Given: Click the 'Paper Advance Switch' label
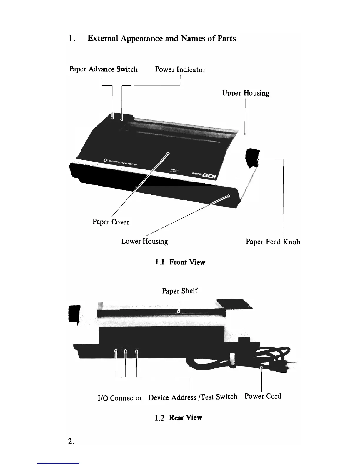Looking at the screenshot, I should (103, 69).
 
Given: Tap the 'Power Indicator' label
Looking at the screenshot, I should (180, 70).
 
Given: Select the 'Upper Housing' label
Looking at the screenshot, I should (246, 93).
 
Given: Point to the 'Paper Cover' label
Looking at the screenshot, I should (111, 222).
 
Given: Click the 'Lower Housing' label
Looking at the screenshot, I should (144, 242).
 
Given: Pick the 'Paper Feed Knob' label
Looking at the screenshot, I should (273, 242).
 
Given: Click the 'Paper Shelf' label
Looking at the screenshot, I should (180, 291).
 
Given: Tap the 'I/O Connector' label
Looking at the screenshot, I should (120, 398).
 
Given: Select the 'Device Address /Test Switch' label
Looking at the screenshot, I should (193, 397).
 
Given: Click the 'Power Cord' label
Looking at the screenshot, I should (263, 396).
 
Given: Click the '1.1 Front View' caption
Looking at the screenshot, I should (180, 262).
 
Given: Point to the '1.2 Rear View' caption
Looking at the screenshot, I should (179, 417).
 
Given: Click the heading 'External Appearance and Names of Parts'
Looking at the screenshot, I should (161, 39).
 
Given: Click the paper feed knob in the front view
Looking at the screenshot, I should (252, 158).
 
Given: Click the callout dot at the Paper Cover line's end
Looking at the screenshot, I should (168, 153).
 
